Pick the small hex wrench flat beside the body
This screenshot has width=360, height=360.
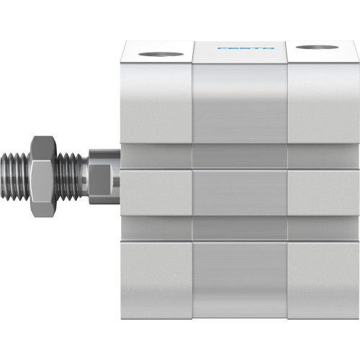[x=102, y=175]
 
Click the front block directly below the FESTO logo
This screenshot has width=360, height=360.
[x=240, y=101]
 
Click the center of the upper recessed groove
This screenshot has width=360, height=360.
[x=240, y=156]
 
